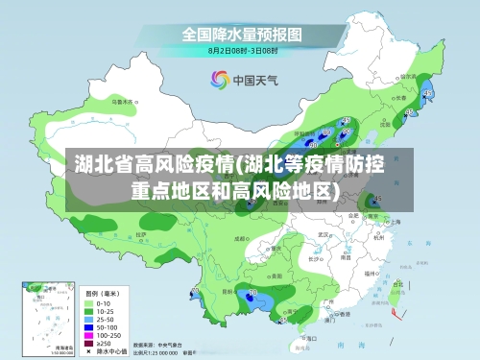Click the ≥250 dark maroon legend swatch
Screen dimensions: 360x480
click(90, 341)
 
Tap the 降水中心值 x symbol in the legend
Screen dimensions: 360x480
click(90, 350)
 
